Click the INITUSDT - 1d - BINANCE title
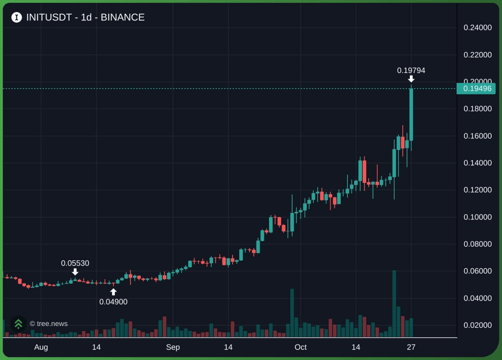coord(85,18)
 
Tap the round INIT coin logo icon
coord(16,18)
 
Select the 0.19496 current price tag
coord(476,89)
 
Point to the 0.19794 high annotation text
coord(411,70)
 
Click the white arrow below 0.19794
coord(411,79)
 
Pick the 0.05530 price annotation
coord(75,263)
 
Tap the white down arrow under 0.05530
coord(75,272)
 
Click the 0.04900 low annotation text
coord(113,302)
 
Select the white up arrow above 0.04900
coord(113,292)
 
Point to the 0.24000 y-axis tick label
coord(478,27)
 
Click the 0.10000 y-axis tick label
coord(478,217)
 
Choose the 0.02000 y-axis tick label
coord(478,325)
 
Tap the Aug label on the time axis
coord(41,347)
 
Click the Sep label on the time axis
coord(173,347)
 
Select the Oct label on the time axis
coord(300,347)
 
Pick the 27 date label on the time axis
coord(411,347)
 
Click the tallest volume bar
coord(394,304)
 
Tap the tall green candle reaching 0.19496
coord(411,115)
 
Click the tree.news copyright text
coord(49,324)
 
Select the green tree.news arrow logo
coord(18,324)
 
